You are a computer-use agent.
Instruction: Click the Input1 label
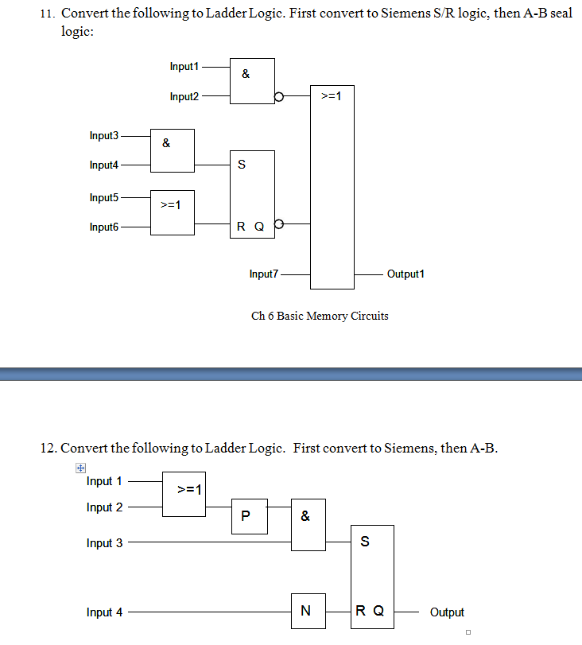[x=184, y=67]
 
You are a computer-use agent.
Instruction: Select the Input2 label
[x=184, y=97]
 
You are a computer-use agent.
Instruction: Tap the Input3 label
[x=103, y=136]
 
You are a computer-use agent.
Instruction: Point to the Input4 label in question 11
[x=103, y=165]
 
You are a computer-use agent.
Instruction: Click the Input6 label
[x=103, y=227]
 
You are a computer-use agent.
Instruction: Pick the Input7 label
[x=264, y=274]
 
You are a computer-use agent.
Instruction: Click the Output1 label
[x=405, y=274]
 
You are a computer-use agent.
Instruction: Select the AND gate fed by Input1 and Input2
[x=252, y=81]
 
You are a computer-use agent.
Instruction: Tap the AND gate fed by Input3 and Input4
[x=173, y=150]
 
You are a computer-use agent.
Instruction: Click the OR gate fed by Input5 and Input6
[x=173, y=212]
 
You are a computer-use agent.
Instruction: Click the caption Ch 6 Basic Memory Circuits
[x=320, y=317]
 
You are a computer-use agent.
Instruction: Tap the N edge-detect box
[x=308, y=611]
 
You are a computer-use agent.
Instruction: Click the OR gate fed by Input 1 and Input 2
[x=184, y=494]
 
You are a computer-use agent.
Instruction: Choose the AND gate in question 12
[x=308, y=525]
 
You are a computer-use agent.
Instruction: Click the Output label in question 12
[x=447, y=612]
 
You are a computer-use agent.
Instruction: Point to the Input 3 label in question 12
[x=105, y=543]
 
